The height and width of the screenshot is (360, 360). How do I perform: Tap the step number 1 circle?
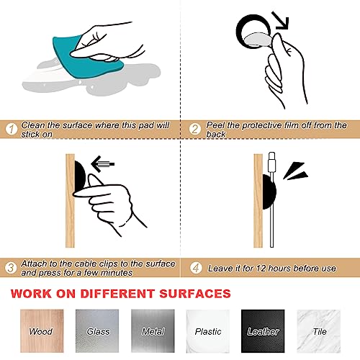point(11,129)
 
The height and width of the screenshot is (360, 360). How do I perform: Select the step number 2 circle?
point(194,129)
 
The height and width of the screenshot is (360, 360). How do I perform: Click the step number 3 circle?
point(11,268)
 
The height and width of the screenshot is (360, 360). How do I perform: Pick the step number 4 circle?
point(196,268)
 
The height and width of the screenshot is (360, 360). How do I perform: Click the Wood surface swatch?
point(42,331)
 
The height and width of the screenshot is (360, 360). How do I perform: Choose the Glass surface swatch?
point(97,331)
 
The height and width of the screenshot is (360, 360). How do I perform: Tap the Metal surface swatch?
point(153,331)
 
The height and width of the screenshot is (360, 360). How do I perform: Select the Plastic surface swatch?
point(208,331)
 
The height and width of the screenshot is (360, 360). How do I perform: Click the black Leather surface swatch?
point(263,331)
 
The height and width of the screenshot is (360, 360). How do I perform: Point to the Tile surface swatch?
point(319,331)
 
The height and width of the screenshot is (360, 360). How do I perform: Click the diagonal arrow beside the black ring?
point(280,21)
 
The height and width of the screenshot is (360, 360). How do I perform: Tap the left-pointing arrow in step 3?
point(102,164)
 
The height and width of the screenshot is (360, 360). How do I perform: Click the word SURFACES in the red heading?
point(195,294)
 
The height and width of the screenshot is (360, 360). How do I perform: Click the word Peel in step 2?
point(215,125)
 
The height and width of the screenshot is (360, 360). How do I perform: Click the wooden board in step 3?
point(70,201)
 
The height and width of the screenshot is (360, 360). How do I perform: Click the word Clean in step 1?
point(33,125)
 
